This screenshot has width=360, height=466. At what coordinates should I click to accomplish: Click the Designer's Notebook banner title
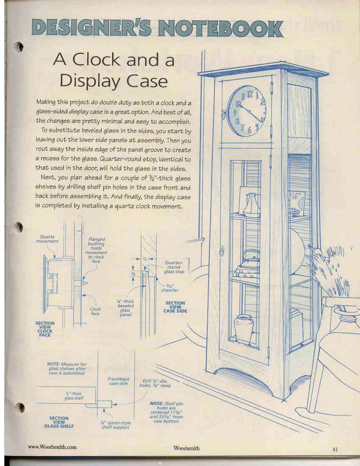(157, 29)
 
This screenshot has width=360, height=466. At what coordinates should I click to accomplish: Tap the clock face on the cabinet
(246, 111)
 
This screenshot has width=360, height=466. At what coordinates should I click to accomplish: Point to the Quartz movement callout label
(47, 239)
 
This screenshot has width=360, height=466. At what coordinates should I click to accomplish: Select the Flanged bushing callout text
(96, 250)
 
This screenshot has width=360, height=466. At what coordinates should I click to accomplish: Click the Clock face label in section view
(95, 311)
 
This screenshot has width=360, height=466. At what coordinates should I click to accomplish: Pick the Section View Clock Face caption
(45, 329)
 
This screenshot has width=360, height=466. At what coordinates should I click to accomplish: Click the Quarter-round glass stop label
(174, 267)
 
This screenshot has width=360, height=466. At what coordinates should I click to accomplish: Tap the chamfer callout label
(169, 288)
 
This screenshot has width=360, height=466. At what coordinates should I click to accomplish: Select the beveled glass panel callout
(126, 308)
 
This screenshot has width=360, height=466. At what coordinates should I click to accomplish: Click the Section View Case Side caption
(175, 307)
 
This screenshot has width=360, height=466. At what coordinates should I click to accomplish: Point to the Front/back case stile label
(119, 381)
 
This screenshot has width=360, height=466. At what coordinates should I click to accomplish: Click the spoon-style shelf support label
(116, 424)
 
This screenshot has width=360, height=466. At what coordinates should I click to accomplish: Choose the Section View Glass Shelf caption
(59, 422)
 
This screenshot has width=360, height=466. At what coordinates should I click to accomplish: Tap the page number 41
(335, 449)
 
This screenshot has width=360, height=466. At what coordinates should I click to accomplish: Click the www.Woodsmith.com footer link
(52, 447)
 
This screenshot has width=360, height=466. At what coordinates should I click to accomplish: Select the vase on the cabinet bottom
(244, 328)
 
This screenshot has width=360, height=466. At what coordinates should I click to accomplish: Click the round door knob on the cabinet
(221, 251)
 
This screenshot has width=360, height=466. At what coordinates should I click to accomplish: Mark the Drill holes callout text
(155, 383)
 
